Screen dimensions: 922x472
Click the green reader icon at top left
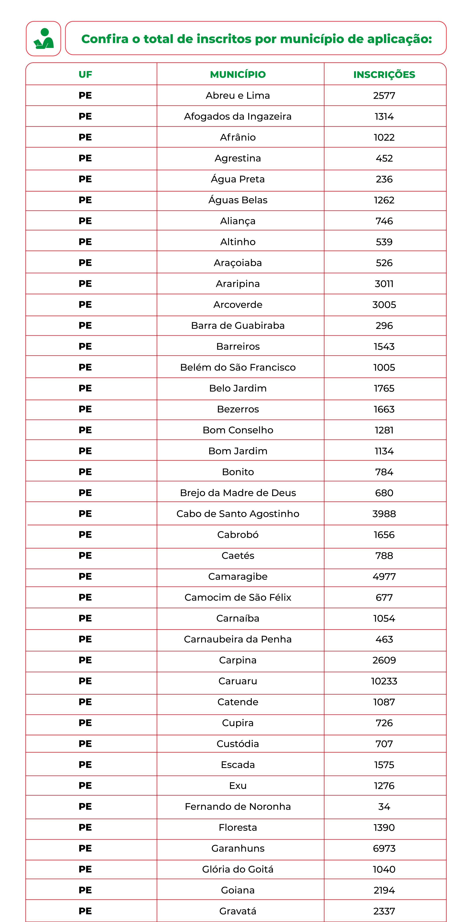tap(43, 39)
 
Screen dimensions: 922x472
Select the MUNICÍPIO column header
tap(238, 75)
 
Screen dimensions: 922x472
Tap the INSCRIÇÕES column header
tap(384, 75)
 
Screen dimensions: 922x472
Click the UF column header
tap(85, 75)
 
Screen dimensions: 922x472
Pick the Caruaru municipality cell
tap(238, 681)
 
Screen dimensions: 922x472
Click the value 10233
tap(384, 681)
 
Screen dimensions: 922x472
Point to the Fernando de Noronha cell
tap(238, 806)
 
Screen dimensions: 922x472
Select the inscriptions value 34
tap(384, 806)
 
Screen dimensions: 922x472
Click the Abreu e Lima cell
tap(238, 96)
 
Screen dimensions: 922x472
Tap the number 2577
tap(384, 96)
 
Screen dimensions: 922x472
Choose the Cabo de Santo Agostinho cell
tap(238, 514)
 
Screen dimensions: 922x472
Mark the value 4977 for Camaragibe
tap(384, 576)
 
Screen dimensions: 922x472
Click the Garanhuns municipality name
tap(238, 848)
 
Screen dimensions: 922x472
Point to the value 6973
tap(384, 848)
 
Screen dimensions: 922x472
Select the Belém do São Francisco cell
tap(238, 367)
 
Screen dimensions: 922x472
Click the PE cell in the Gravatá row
tap(85, 911)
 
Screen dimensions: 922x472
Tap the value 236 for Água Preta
tap(384, 179)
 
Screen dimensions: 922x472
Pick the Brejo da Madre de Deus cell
tap(238, 493)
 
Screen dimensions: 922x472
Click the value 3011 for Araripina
tap(384, 283)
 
